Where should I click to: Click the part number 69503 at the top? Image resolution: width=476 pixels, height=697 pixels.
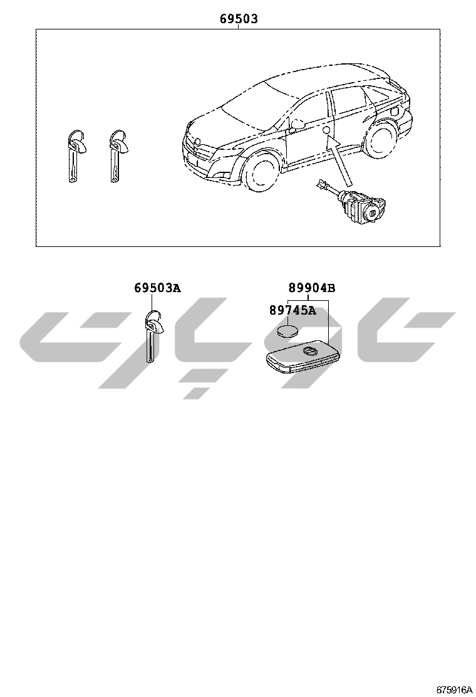(239, 19)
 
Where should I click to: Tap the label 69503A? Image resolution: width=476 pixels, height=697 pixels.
(158, 288)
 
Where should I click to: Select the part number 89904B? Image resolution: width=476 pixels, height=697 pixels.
(312, 288)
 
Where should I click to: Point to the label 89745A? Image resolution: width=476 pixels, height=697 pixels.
(292, 310)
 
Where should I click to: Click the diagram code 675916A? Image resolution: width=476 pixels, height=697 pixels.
(453, 689)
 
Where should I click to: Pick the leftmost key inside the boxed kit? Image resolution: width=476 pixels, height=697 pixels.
(74, 156)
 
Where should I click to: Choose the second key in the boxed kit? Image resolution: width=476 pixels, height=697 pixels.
(116, 156)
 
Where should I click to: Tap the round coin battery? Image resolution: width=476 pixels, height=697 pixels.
(287, 331)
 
